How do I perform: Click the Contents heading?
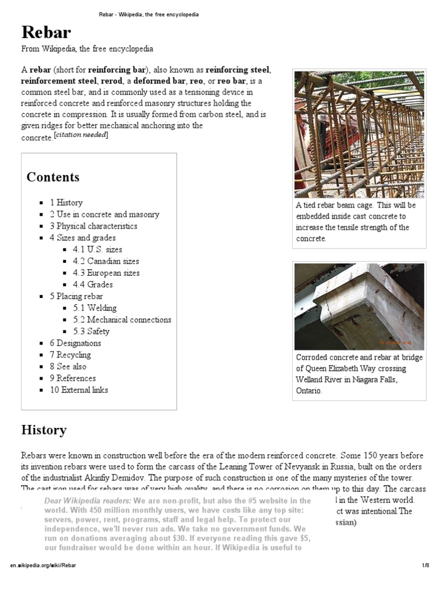(x=53, y=177)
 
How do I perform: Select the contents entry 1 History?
(x=66, y=203)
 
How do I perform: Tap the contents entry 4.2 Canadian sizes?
(x=105, y=261)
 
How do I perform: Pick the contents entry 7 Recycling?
(x=70, y=354)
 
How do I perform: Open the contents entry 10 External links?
(x=79, y=390)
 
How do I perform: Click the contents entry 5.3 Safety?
(x=91, y=331)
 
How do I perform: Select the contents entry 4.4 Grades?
(x=93, y=285)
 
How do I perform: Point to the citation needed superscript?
(x=81, y=135)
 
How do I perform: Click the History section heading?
(x=44, y=430)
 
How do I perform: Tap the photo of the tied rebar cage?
(x=359, y=134)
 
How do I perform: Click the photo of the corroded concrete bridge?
(x=359, y=306)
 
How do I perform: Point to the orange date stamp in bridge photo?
(x=396, y=343)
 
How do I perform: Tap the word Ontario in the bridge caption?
(x=308, y=391)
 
